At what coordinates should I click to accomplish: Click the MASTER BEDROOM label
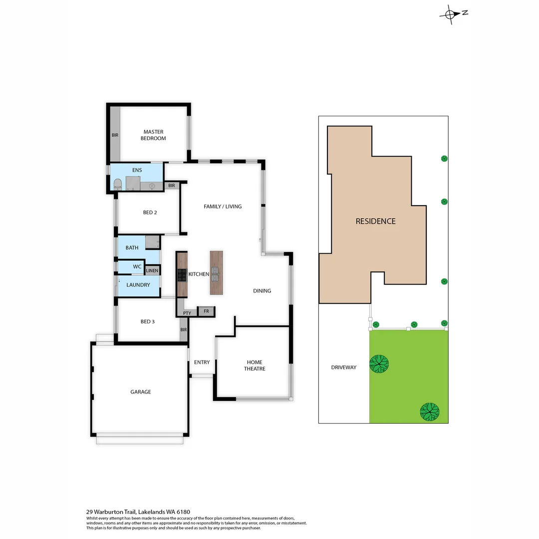click(x=153, y=135)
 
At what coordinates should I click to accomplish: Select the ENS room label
click(x=137, y=170)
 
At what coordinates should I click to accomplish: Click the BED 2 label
click(x=150, y=213)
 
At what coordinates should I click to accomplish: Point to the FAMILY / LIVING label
click(x=223, y=206)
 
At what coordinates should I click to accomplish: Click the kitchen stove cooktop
click(x=181, y=274)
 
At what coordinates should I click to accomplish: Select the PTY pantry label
click(x=187, y=313)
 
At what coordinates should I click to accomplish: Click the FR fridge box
click(x=206, y=311)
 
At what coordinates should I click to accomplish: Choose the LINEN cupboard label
click(x=152, y=270)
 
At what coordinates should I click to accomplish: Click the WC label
click(x=137, y=267)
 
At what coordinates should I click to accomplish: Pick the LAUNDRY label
click(x=138, y=285)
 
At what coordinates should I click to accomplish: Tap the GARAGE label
click(x=141, y=392)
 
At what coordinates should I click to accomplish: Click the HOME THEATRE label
click(x=255, y=365)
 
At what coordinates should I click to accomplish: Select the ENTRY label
click(x=202, y=362)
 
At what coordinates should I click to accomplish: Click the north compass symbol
click(x=451, y=14)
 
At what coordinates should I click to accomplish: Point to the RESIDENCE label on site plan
click(x=375, y=221)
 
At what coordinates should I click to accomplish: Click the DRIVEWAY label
click(x=344, y=367)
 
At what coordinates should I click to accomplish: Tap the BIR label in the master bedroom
click(x=115, y=135)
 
